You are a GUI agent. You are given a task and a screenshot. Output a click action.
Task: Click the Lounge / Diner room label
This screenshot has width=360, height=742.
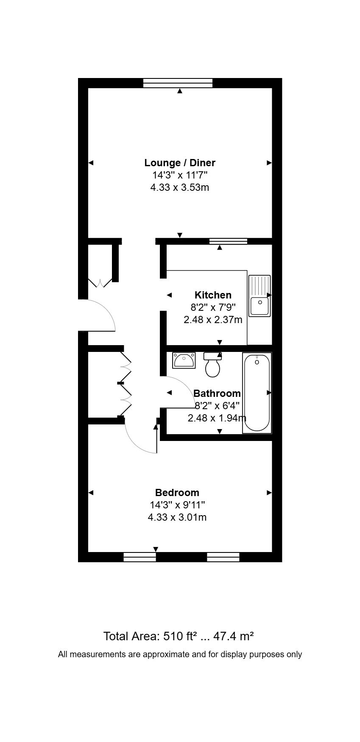(180, 163)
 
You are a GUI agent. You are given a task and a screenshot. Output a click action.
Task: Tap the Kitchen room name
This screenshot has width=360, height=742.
(213, 295)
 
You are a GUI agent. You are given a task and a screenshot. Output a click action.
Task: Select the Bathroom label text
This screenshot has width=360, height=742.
(217, 393)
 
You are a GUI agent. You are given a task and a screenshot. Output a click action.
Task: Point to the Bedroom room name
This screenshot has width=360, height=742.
(177, 493)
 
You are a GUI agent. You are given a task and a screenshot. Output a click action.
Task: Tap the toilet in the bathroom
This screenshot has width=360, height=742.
(213, 365)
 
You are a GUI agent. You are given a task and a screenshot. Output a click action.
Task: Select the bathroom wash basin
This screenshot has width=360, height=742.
(184, 360)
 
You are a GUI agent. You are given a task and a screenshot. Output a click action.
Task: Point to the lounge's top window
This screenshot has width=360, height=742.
(178, 83)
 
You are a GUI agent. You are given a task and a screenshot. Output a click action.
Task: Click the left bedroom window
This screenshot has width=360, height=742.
(140, 557)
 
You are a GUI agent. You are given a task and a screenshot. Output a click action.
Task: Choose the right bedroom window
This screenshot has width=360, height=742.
(223, 557)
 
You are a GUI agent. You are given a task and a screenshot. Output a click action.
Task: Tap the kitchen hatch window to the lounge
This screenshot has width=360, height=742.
(228, 241)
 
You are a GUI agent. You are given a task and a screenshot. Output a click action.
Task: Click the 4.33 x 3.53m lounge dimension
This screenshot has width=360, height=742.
(180, 187)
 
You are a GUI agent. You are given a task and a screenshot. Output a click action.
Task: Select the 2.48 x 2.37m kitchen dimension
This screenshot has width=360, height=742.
(213, 320)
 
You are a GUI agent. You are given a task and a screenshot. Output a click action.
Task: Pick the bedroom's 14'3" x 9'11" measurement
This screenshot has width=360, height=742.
(177, 505)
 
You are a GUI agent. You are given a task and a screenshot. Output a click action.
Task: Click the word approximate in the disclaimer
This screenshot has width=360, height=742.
(166, 654)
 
